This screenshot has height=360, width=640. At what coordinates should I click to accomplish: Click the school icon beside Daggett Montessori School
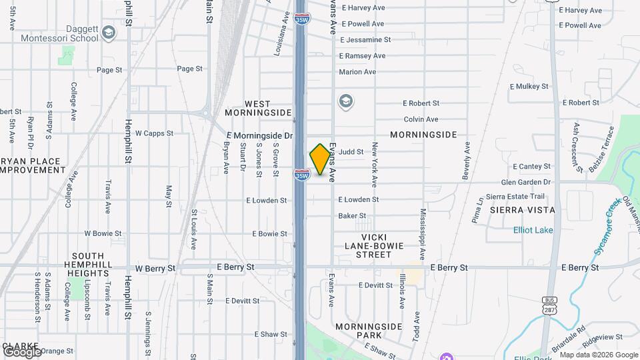(x=109, y=31)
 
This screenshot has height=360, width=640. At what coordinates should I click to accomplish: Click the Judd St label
(x=351, y=152)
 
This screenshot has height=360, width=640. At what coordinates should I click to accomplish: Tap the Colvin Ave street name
(x=421, y=119)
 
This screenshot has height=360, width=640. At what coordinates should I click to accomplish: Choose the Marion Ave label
(x=357, y=72)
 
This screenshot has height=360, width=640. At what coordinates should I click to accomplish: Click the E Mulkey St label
(x=528, y=87)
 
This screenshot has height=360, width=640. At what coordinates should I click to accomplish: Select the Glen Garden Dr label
(x=525, y=182)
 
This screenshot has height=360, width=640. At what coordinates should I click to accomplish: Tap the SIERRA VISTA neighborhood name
(x=522, y=210)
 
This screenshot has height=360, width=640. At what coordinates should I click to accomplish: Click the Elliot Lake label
(x=533, y=231)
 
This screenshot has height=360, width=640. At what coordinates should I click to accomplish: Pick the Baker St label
(x=352, y=216)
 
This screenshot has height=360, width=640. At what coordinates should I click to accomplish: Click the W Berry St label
(x=155, y=268)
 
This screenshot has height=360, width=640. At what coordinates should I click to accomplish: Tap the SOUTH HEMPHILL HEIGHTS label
(x=88, y=265)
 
